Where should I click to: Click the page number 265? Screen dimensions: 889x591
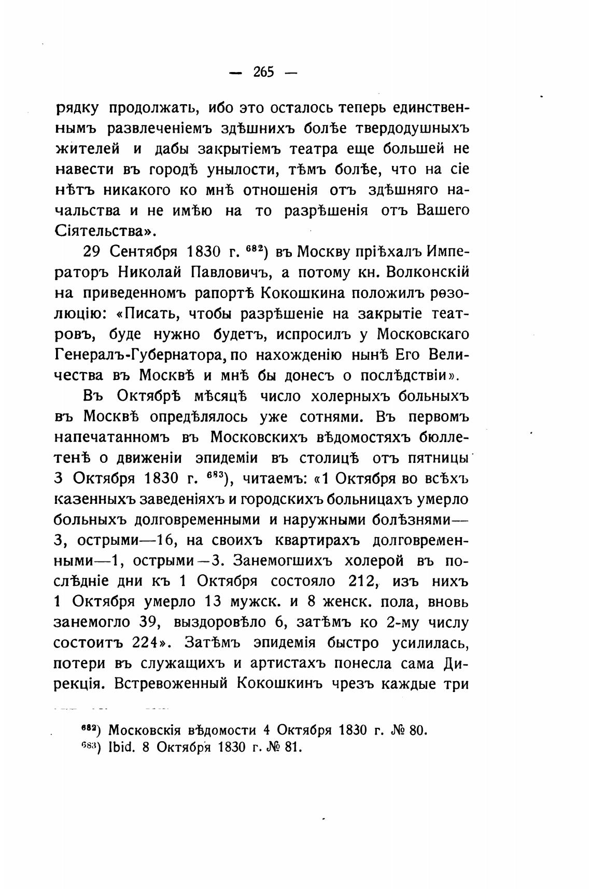[x=263, y=72]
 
